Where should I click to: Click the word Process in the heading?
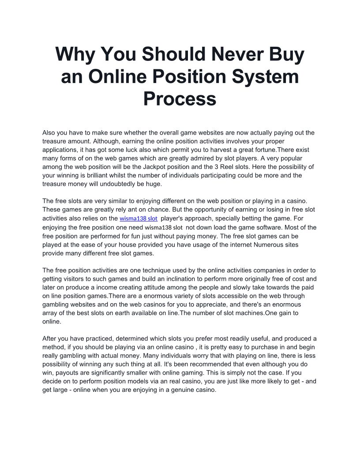point(180,99)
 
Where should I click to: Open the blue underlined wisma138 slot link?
point(139,218)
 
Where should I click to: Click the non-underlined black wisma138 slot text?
point(164,227)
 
